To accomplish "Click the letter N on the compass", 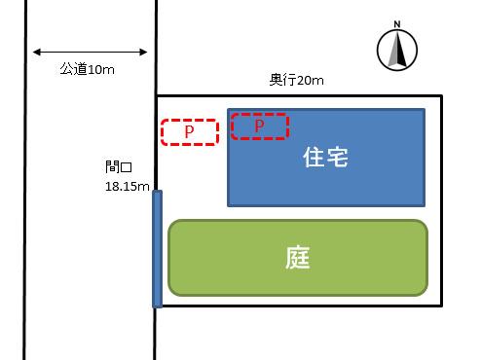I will click(x=396, y=24).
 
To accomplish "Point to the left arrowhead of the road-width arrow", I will click(x=35, y=53).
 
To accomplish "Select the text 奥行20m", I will click(x=298, y=81).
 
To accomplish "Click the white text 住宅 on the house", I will click(x=326, y=157).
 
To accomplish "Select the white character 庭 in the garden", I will click(x=298, y=257).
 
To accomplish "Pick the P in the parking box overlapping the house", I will click(x=259, y=126).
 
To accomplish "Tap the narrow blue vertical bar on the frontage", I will click(x=157, y=249).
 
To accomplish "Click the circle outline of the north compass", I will click(x=379, y=49).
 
